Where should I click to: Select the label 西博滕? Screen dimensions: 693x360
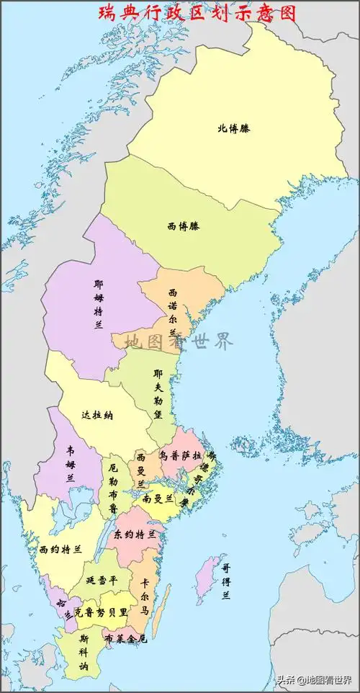coord(184,226)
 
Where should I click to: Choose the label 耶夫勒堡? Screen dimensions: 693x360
coord(158,395)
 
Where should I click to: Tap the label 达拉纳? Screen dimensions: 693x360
coord(96,416)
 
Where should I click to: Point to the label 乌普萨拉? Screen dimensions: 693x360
coord(180,456)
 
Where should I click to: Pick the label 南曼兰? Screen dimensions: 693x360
coord(158,498)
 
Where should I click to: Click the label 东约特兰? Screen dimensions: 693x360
coord(135,535)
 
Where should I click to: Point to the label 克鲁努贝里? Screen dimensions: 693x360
coord(101,612)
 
